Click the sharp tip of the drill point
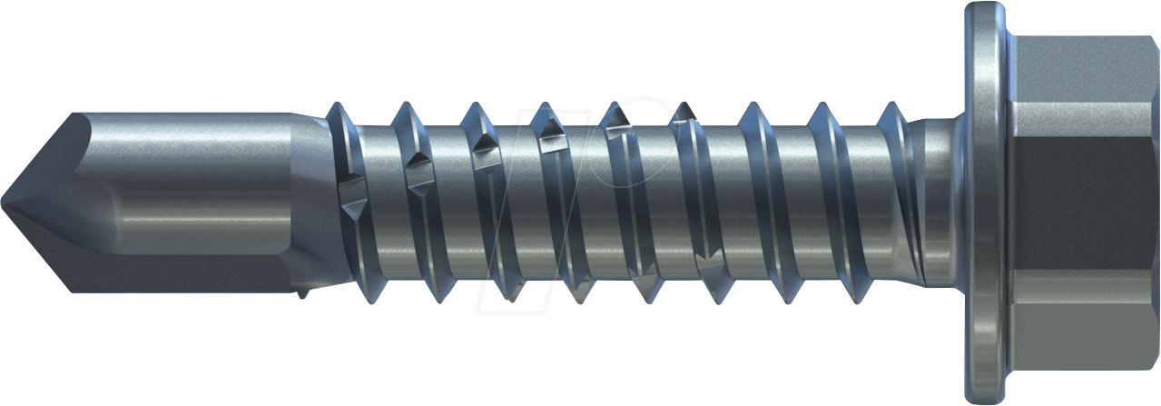click(x=4, y=203)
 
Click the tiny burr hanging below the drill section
click(x=302, y=292)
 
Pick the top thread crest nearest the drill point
click(x=336, y=108)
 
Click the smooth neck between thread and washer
click(x=940, y=202)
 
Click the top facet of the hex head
click(x=1085, y=68)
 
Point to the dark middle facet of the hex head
click(x=1085, y=202)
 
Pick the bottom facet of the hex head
click(x=1085, y=336)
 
